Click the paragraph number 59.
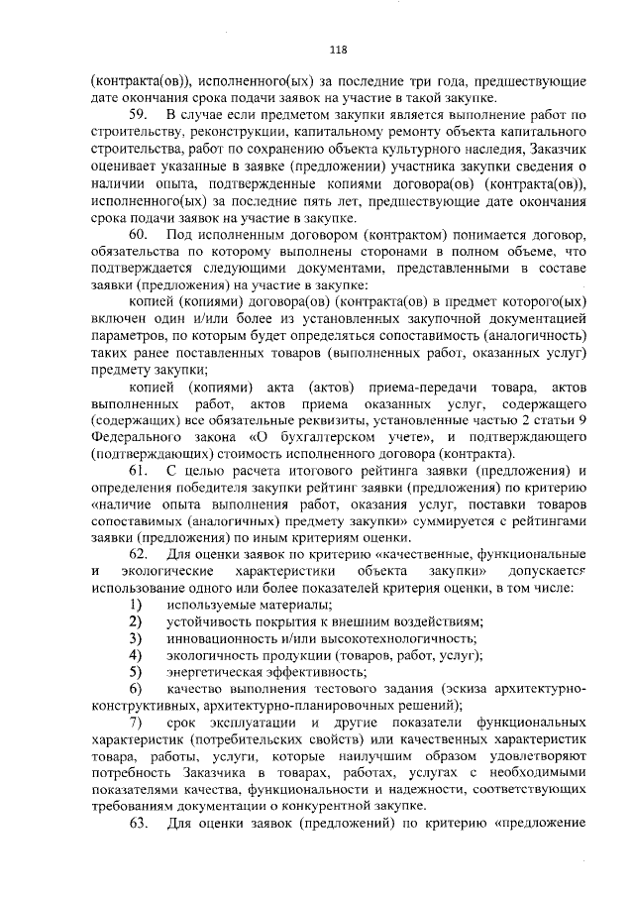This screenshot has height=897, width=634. tap(139, 115)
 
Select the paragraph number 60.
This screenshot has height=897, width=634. tap(139, 234)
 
